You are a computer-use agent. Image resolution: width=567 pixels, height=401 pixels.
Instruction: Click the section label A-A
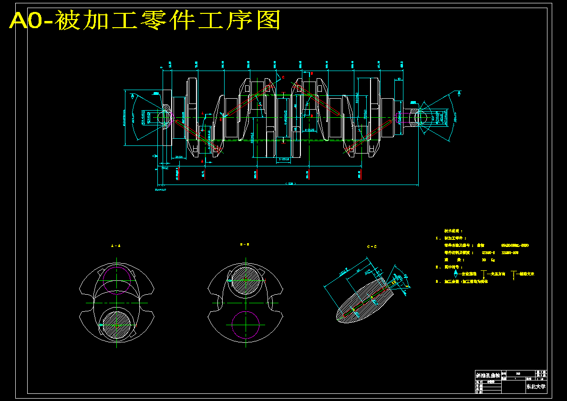tap(115, 246)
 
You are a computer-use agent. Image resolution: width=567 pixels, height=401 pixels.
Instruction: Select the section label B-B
tap(245, 244)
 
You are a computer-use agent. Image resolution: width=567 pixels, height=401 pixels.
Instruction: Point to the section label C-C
tap(371, 247)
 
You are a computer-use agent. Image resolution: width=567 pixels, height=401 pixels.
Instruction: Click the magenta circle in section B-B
tap(246, 325)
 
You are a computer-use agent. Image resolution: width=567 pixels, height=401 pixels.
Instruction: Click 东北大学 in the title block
tap(536, 387)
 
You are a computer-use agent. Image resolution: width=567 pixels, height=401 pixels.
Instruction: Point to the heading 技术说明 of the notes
tap(454, 231)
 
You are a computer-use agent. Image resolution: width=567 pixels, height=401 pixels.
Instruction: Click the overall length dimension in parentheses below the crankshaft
tap(290, 183)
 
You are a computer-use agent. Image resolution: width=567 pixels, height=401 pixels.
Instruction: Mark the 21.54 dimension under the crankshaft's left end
tap(179, 157)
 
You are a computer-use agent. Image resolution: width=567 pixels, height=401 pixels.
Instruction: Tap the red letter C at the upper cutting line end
tap(283, 77)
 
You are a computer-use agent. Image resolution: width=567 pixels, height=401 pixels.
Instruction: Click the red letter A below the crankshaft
tap(202, 162)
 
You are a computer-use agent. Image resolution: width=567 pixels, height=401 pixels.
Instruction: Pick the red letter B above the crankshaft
tap(311, 74)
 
